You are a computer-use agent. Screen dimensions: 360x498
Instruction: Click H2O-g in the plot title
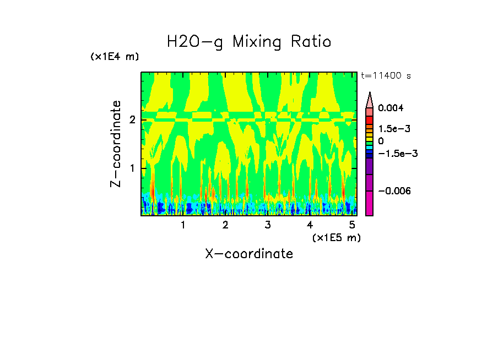tap(195, 42)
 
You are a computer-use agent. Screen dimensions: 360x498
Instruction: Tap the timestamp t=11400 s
tap(386, 75)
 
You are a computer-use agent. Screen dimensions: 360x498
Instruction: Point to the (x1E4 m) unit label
tap(115, 57)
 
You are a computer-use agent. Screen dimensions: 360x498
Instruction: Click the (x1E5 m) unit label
tap(336, 237)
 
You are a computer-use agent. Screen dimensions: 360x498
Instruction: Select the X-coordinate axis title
tap(249, 254)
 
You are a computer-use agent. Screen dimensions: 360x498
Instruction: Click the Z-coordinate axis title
tap(116, 144)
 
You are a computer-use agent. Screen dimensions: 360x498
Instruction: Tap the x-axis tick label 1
tap(183, 225)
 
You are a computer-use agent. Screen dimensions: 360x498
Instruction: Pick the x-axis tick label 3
tap(267, 225)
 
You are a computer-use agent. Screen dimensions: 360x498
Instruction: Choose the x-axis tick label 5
tap(352, 225)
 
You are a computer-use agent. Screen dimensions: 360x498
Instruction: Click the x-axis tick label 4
tap(310, 225)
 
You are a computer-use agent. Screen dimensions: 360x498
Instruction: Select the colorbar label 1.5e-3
tap(391, 129)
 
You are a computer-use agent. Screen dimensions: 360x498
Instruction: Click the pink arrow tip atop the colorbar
tap(370, 100)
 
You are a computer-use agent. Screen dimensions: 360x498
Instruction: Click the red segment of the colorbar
tap(370, 119)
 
